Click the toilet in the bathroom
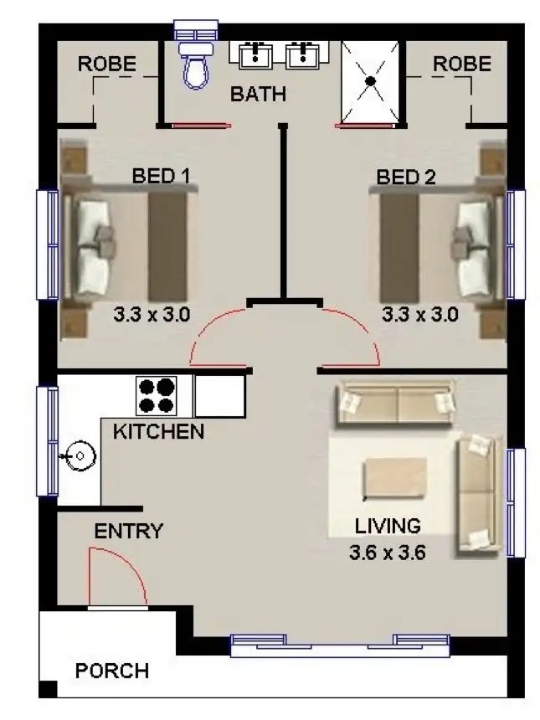196,67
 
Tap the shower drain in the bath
369,80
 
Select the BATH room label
258,94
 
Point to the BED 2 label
406,177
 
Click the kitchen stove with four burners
157,395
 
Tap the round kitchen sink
80,457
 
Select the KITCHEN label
158,432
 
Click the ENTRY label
128,531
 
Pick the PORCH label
111,671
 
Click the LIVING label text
388,527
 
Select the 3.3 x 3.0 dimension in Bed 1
152,315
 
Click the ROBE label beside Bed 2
462,64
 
